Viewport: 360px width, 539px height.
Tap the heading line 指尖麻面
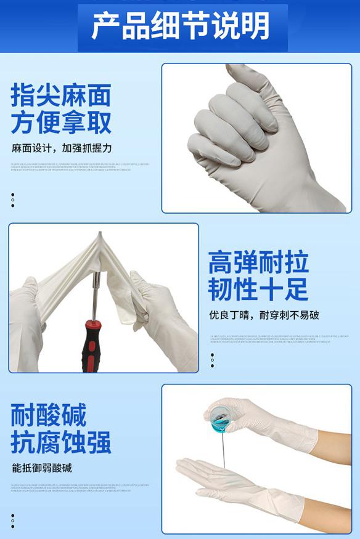coord(61,95)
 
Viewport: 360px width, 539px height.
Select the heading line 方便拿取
coord(61,123)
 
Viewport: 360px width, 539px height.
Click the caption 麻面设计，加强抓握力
coord(62,148)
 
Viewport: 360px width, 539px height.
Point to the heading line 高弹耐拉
coord(258,262)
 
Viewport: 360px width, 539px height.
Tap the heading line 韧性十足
coord(258,290)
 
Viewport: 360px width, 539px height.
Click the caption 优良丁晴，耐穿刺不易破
coord(263,315)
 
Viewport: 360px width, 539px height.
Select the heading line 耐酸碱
coord(49,415)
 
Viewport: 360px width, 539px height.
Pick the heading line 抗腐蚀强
coord(61,442)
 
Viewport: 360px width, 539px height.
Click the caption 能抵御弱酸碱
coord(42,468)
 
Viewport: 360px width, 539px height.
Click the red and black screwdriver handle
coord(90,351)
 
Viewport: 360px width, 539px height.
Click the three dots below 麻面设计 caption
coord(13,200)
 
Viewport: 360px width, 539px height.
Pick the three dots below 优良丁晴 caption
coord(212,360)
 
